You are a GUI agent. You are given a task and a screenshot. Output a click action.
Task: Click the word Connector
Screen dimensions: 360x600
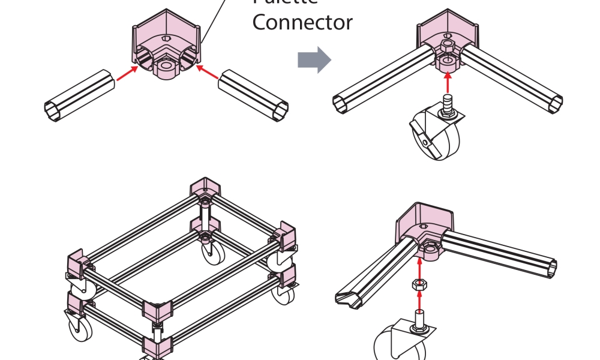302,23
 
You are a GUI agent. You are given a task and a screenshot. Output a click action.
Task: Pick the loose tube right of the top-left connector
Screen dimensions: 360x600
254,96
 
